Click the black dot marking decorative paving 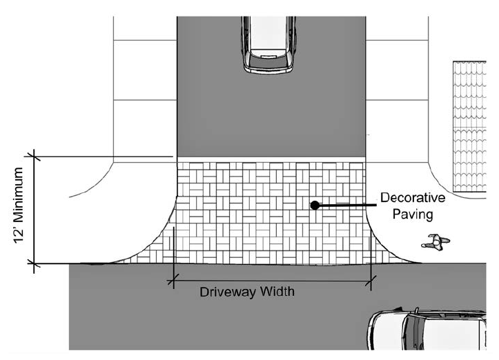[314, 205]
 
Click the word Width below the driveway [275, 291]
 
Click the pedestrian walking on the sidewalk [435, 242]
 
